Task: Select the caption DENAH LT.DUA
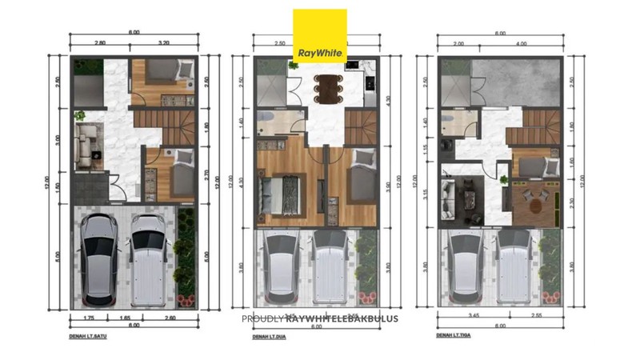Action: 270,337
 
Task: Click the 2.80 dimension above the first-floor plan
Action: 100,42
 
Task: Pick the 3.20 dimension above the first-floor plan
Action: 164,42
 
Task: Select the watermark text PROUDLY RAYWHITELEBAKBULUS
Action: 320,318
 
